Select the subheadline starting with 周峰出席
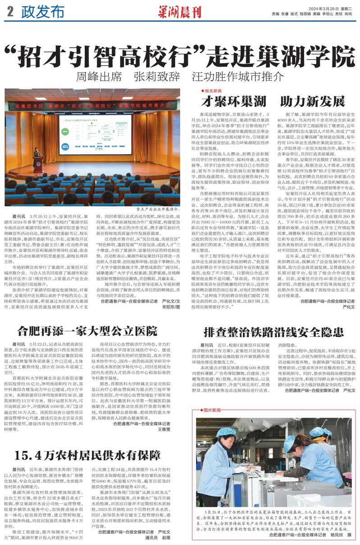tap(180, 75)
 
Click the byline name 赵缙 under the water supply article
tap(167, 538)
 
